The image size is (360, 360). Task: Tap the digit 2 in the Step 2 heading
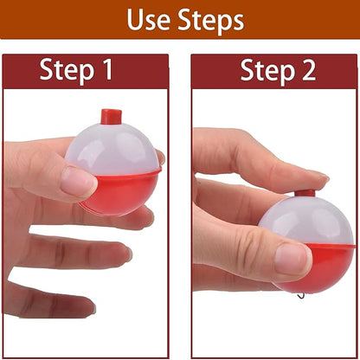[307, 70]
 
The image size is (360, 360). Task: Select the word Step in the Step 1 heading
[66, 70]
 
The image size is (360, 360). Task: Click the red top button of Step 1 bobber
[110, 116]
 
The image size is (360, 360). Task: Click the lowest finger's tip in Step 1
[82, 305]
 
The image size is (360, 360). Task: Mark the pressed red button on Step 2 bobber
[305, 193]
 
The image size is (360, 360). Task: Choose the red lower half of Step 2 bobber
[325, 265]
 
